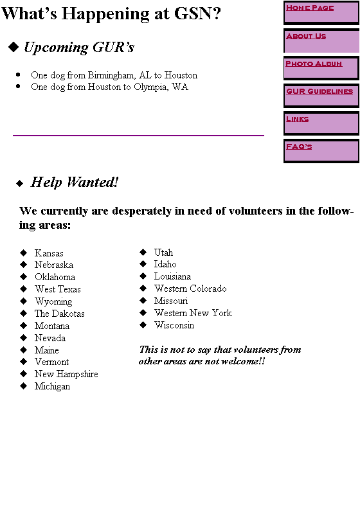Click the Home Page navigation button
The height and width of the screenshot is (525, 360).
(321, 13)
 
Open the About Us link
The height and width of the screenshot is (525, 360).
(321, 41)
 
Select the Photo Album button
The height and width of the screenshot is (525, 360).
(321, 68)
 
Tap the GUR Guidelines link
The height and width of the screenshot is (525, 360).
(321, 96)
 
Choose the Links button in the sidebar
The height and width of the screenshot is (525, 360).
(321, 123)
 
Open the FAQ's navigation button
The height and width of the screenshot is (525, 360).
(321, 152)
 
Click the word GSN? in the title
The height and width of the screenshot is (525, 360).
(197, 13)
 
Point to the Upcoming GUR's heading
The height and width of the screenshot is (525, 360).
(79, 48)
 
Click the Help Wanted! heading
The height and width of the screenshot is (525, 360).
(75, 182)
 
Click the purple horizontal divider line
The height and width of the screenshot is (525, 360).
(138, 136)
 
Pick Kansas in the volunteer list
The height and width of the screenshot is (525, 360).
(49, 253)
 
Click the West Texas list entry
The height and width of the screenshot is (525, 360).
(58, 289)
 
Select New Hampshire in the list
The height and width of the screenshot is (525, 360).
(66, 374)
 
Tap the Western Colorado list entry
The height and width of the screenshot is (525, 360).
(190, 289)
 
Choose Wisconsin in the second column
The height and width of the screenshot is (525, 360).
(174, 325)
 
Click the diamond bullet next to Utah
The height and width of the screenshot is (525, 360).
(143, 252)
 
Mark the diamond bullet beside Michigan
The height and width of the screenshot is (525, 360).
(23, 386)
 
